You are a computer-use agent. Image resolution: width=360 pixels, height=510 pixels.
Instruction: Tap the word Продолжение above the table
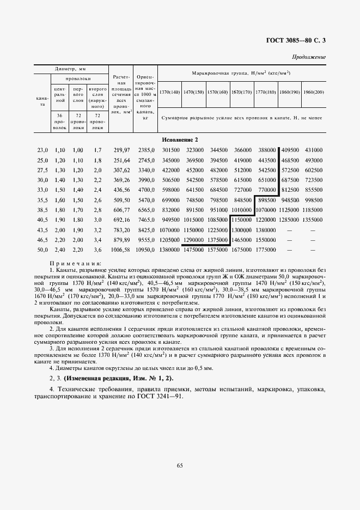pyautogui.click(x=309, y=57)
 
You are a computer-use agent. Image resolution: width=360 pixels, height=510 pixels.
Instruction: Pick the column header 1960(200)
pyautogui.click(x=314, y=92)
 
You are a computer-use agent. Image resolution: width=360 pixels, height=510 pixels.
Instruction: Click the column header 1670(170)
pyautogui.click(x=241, y=92)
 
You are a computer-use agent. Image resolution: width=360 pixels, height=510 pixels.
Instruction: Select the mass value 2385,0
pyautogui.click(x=147, y=150)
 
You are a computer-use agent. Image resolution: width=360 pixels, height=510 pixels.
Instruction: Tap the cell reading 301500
pyautogui.click(x=171, y=150)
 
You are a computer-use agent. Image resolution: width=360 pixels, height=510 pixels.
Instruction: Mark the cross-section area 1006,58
pyautogui.click(x=121, y=249)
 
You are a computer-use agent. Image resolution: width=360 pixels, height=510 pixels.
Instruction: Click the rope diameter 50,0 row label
pyautogui.click(x=42, y=249)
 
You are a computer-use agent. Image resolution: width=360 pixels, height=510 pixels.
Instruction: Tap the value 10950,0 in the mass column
pyautogui.click(x=145, y=249)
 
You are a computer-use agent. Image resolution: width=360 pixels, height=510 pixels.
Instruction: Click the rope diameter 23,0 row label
pyautogui.click(x=42, y=150)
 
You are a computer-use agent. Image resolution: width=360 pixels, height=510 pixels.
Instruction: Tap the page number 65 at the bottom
pyautogui.click(x=180, y=464)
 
